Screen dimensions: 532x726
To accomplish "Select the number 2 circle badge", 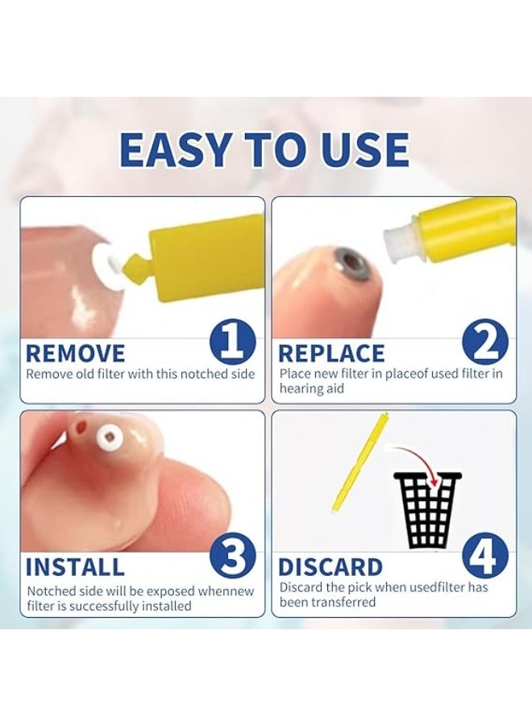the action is [x=485, y=344].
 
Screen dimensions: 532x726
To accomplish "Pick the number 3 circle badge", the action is [x=233, y=557].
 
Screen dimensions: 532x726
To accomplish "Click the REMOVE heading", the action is [x=76, y=353].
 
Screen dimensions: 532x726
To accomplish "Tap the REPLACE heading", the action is [x=331, y=353].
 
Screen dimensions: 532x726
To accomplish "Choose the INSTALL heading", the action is [x=76, y=567].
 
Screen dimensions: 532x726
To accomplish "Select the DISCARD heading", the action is [x=330, y=567].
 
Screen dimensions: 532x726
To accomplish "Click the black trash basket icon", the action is [x=427, y=509].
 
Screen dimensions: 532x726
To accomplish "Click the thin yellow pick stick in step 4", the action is [x=360, y=464].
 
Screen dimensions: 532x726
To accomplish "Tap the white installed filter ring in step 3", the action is [x=110, y=436].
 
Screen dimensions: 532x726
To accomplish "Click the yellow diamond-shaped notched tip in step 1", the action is [x=137, y=265].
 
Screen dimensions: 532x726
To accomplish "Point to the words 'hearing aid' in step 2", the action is [x=312, y=389].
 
